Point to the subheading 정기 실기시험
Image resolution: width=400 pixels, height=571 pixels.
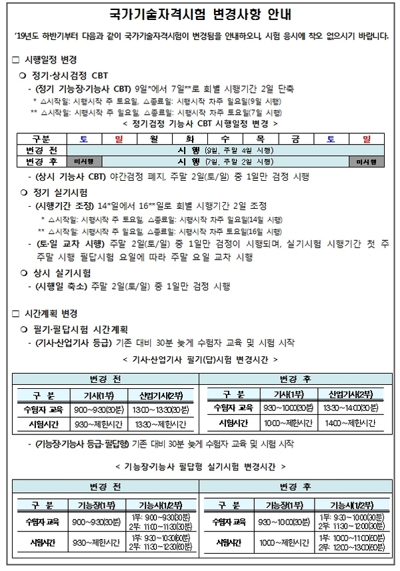[x=61, y=192]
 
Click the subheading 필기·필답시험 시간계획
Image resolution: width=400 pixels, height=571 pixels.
[x=83, y=330]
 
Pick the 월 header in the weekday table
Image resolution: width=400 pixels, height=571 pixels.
[x=154, y=139]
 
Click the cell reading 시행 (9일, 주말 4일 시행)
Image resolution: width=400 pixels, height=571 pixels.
[x=226, y=150]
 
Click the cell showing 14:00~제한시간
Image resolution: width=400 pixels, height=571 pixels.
[x=346, y=423]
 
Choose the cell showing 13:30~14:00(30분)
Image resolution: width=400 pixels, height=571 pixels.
[x=346, y=408]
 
